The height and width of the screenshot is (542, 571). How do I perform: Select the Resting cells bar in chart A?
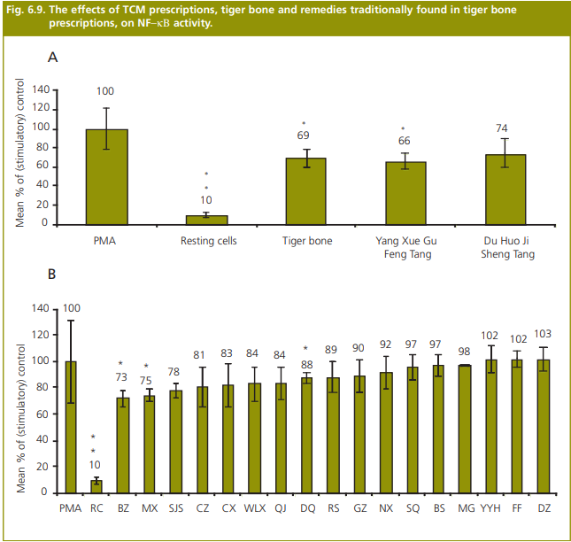coord(205,220)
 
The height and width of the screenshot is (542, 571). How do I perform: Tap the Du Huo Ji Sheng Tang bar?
coord(505,189)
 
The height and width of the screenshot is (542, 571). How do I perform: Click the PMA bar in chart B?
coord(70,426)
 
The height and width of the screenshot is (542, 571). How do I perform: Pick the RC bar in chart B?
coord(96,486)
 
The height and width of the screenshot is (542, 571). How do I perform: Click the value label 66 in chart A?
coord(405,142)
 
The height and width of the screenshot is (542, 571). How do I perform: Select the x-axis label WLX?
coord(255,507)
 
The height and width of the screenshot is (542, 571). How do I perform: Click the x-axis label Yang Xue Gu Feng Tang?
coord(405,247)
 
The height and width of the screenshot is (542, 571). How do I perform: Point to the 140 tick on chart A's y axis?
coord(40,90)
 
